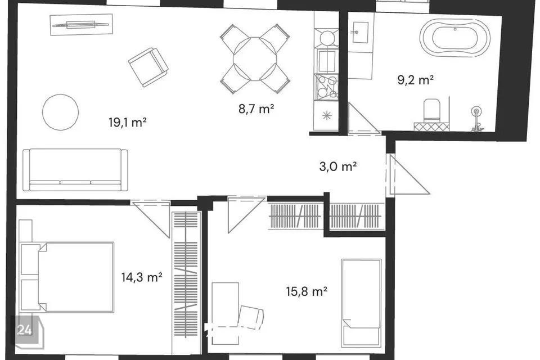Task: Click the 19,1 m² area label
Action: [128, 122]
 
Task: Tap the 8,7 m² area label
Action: [256, 109]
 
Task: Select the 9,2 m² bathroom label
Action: [415, 80]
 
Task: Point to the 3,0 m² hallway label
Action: [338, 166]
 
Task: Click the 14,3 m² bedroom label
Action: [142, 277]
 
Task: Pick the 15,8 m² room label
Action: [307, 291]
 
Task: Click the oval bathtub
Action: [454, 38]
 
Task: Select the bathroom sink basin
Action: [360, 33]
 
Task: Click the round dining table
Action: [255, 58]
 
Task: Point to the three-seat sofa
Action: [75, 170]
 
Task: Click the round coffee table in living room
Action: [61, 112]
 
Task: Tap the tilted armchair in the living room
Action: [148, 67]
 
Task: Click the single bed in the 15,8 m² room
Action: [361, 303]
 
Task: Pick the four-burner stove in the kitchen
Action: [326, 86]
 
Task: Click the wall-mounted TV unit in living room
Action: [81, 24]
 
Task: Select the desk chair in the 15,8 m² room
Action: [251, 316]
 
